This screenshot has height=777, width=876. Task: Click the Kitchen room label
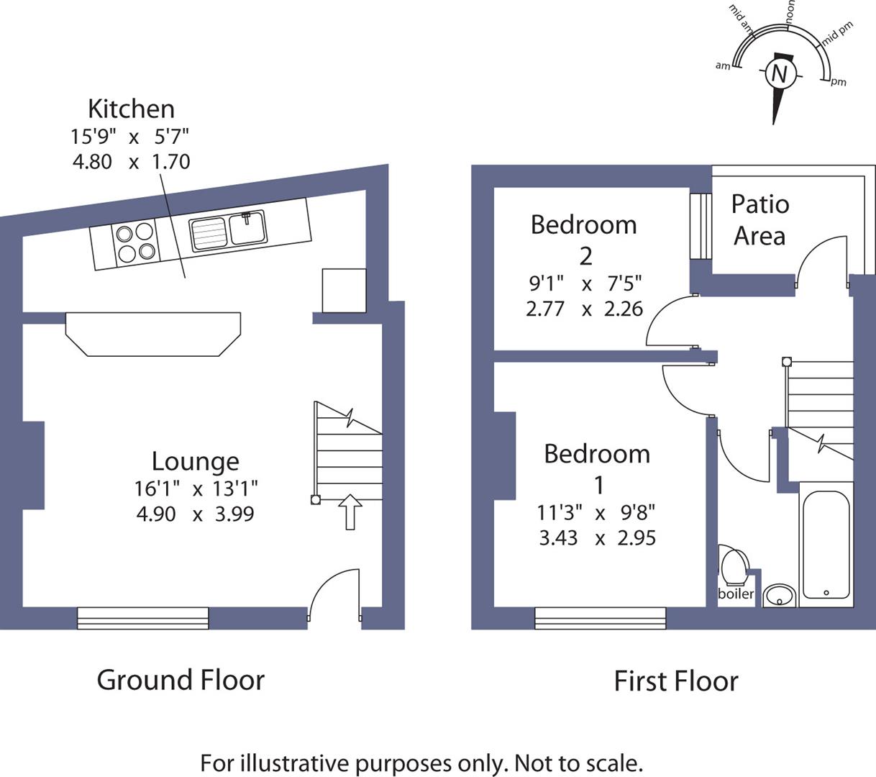coord(131,109)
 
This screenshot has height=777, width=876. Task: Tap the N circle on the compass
coord(779,73)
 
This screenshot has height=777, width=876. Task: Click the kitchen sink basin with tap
coord(248,229)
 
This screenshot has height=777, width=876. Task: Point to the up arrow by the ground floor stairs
coord(350,512)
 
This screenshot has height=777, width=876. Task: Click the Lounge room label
coord(195,461)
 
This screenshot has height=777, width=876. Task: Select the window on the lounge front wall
coord(142,618)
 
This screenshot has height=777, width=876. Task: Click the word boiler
coord(736,594)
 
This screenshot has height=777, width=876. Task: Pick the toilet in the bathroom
coord(735,565)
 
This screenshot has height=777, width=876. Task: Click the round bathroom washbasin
coord(778,595)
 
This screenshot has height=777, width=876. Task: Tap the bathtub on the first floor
coord(826,545)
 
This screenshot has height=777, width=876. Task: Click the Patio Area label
coord(760,220)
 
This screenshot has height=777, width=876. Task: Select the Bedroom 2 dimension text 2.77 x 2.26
coord(584,309)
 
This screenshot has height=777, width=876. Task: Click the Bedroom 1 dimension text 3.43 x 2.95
coord(597,538)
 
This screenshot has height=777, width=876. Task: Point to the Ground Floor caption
coord(181,680)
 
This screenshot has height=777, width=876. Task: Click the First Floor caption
coord(675,681)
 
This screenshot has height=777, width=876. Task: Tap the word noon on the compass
coord(790,13)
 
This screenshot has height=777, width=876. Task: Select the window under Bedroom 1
coord(600,618)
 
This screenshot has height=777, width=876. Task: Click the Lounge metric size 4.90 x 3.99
coord(195,514)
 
